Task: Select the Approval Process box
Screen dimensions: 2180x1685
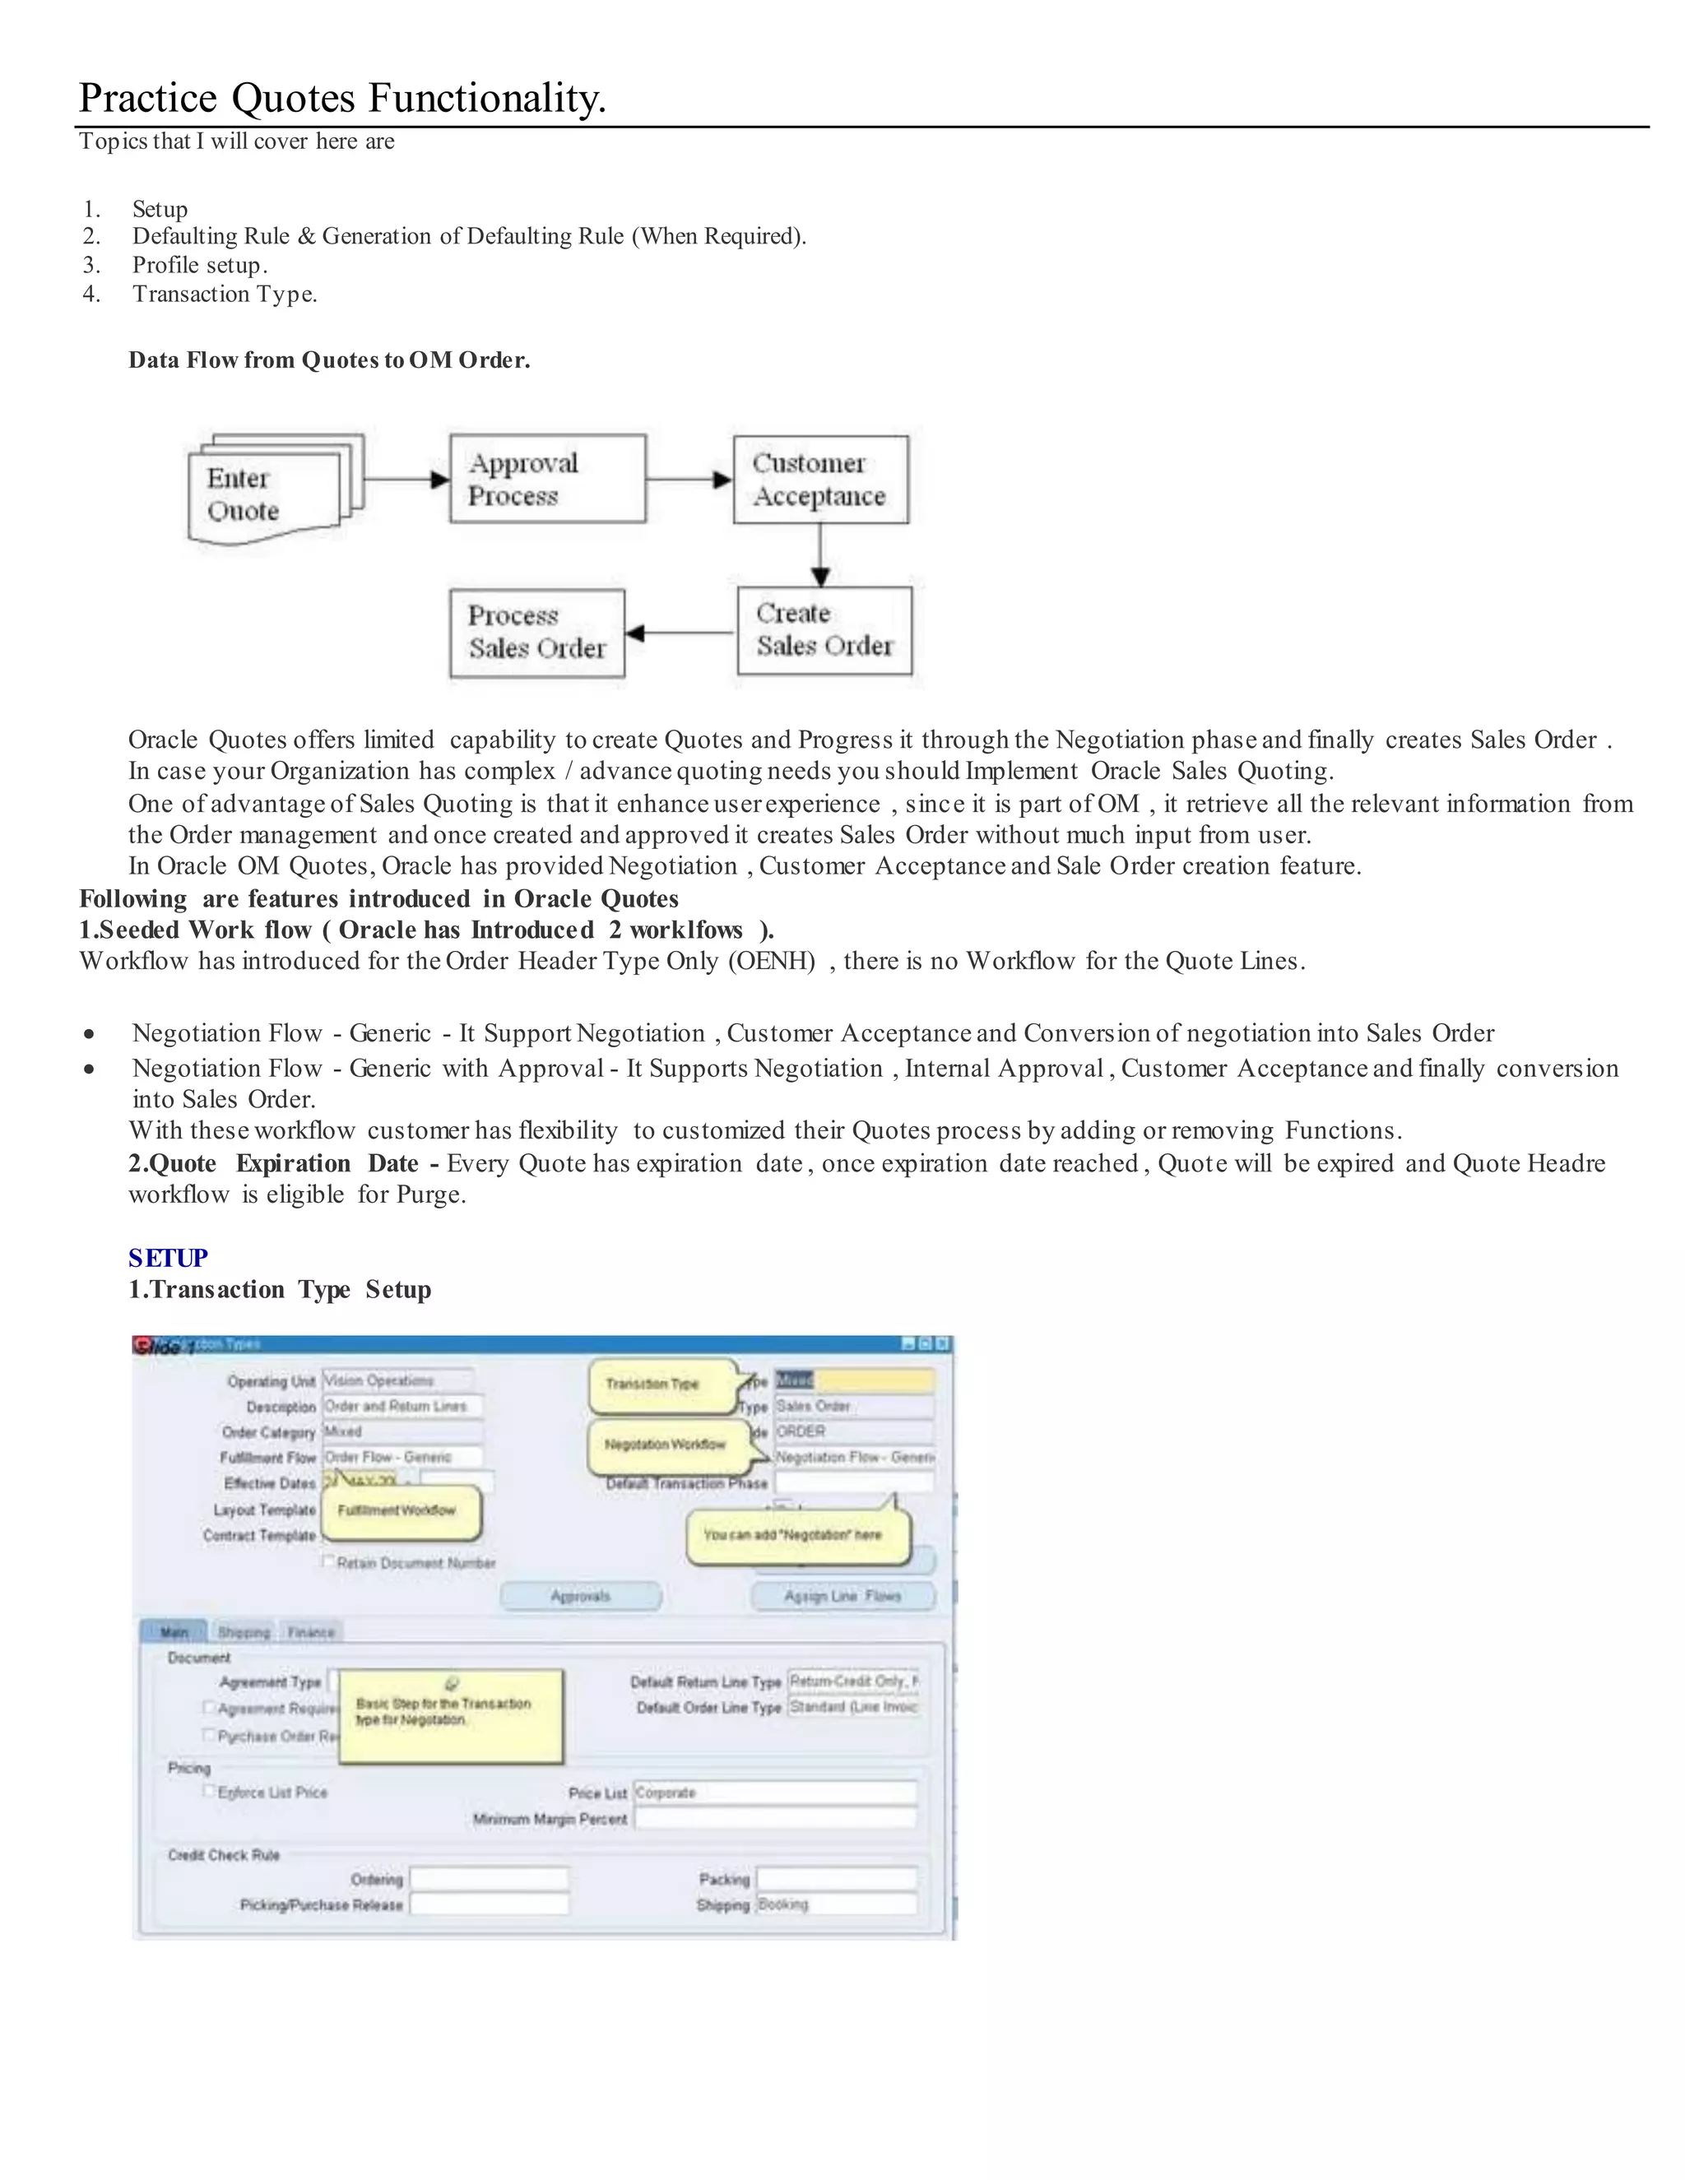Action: [x=547, y=479]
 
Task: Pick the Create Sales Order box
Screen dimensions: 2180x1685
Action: [x=824, y=631]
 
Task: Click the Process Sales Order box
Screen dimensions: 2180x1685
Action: [x=537, y=633]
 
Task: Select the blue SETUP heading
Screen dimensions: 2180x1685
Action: [x=168, y=1258]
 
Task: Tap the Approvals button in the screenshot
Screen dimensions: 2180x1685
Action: [x=580, y=1596]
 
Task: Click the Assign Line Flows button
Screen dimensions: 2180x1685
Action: [x=842, y=1596]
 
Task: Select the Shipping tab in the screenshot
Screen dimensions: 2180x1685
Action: [x=244, y=1632]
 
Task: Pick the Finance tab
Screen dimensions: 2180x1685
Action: [x=310, y=1632]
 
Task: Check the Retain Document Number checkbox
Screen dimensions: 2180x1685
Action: [x=327, y=1561]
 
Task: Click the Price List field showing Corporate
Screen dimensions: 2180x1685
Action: [x=774, y=1793]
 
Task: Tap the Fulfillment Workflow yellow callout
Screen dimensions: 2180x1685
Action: [x=397, y=1510]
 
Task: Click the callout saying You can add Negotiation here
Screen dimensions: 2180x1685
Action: [x=796, y=1535]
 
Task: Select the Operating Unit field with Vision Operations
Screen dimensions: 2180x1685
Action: [x=397, y=1380]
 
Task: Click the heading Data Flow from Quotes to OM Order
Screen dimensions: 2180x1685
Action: [x=328, y=360]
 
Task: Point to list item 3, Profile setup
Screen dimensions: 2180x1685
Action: [x=200, y=266]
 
